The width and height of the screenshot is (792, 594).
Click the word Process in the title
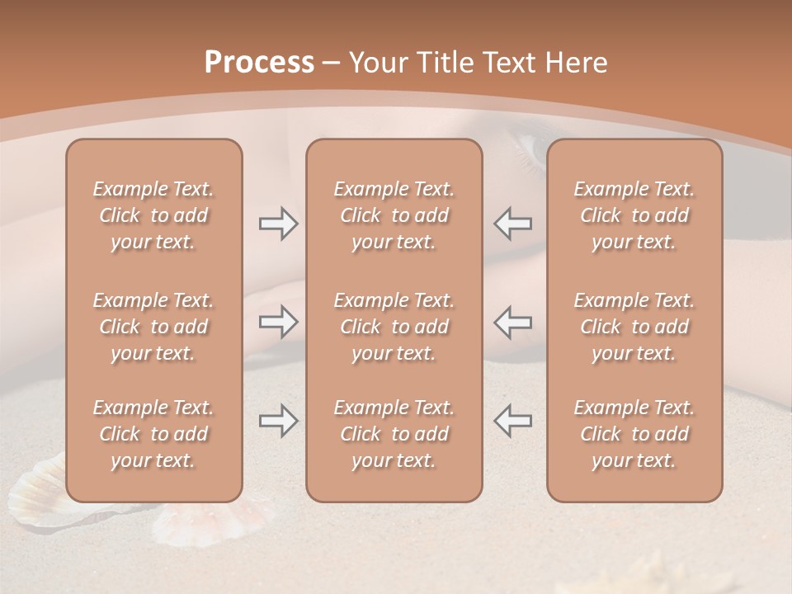tap(259, 63)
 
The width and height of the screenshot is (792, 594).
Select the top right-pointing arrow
tap(278, 224)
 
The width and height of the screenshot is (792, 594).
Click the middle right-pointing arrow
tap(278, 322)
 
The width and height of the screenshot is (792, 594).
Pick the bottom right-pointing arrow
tap(278, 421)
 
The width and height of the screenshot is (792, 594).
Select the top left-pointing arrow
tap(512, 224)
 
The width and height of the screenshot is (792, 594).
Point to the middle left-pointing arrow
tap(512, 322)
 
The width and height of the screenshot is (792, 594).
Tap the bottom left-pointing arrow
tap(512, 421)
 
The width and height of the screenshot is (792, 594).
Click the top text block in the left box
tap(153, 215)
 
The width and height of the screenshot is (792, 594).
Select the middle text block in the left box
tap(153, 327)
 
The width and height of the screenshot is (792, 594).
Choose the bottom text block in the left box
tap(153, 434)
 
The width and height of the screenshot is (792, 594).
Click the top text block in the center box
tap(394, 215)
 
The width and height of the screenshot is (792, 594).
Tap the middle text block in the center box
tap(394, 327)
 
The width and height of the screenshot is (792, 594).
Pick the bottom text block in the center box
tap(394, 434)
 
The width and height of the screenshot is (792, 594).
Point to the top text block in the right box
tap(634, 215)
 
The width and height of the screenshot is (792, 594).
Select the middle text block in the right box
tap(634, 327)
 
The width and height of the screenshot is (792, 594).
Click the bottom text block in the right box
tap(634, 434)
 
